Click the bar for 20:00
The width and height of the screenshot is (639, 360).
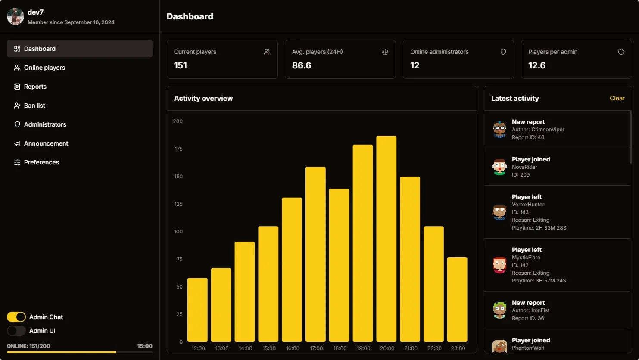[x=386, y=239]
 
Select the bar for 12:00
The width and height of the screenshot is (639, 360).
[x=197, y=310]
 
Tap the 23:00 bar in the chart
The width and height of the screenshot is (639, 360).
[x=457, y=299]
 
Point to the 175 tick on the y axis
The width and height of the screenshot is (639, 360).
[x=178, y=149]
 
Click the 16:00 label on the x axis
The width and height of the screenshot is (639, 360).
[x=293, y=348]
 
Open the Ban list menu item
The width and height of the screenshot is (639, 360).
[x=34, y=106]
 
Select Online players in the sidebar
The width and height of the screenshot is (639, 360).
[x=44, y=68]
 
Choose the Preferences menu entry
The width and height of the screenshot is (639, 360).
[x=41, y=162]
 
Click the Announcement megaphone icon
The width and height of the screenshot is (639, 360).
[x=17, y=143]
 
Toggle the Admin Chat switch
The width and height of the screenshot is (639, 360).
[x=16, y=317]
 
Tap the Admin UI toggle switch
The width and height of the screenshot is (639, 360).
[x=16, y=331]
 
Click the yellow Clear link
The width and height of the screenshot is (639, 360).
[x=617, y=98]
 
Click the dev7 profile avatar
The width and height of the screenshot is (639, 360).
[x=16, y=16]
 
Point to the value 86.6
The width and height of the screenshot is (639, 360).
[x=302, y=65]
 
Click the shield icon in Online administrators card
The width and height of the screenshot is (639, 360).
[x=503, y=52]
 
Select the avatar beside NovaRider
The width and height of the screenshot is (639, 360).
[x=499, y=167]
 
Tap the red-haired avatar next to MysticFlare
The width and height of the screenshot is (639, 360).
[x=499, y=265]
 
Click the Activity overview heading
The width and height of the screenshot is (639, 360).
[x=203, y=98]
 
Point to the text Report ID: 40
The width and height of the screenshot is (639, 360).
[x=528, y=137]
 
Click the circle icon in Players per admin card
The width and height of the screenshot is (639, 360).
[x=621, y=52]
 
